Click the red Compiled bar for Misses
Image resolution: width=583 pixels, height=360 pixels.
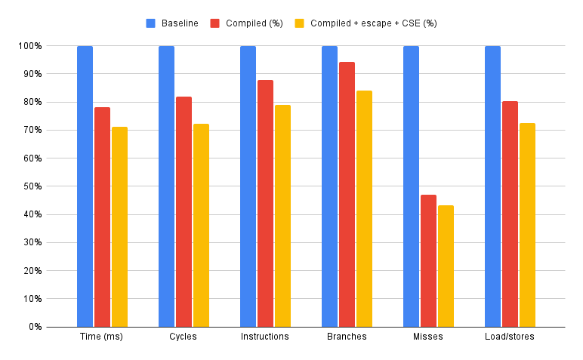pyautogui.click(x=428, y=260)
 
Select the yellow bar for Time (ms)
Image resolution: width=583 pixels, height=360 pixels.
pyautogui.click(x=119, y=226)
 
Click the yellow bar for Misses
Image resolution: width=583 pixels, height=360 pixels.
pyautogui.click(x=446, y=266)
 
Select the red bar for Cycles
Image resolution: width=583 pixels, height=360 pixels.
pyautogui.click(x=184, y=211)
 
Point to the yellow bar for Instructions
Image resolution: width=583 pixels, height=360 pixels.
pyautogui.click(x=282, y=216)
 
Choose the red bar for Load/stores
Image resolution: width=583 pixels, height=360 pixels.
pyautogui.click(x=510, y=214)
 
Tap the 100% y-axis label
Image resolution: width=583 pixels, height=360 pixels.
pyautogui.click(x=29, y=46)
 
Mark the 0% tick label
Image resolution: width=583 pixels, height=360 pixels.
pyautogui.click(x=34, y=327)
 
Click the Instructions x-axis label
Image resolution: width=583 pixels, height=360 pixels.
pyautogui.click(x=264, y=337)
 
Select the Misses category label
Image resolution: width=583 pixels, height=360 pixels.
pyautogui.click(x=428, y=337)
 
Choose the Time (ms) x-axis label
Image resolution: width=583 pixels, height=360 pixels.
pyautogui.click(x=101, y=337)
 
